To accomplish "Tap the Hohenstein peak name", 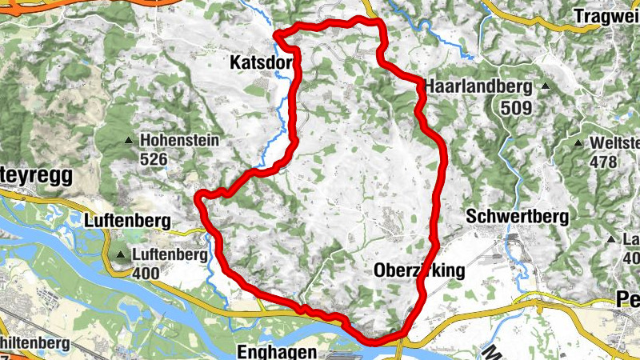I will (x=179, y=141).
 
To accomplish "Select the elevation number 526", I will (x=153, y=159).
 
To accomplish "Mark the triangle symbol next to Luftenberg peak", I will (x=121, y=256).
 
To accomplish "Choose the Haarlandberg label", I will (x=480, y=86).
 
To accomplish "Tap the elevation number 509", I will (x=515, y=105).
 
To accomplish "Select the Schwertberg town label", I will (x=517, y=217).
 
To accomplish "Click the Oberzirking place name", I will (x=419, y=271).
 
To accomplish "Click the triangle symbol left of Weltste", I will (x=578, y=144).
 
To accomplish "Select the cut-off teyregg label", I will (x=36, y=176).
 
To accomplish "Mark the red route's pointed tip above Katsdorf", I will (x=276, y=34).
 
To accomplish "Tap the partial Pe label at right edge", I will (x=628, y=299).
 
